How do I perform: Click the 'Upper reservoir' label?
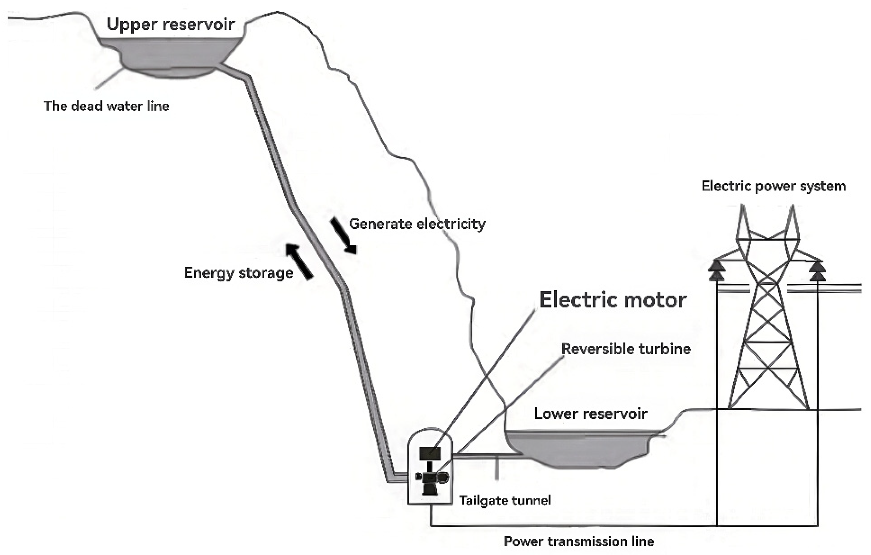pos(170,25)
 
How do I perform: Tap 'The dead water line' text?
pos(106,107)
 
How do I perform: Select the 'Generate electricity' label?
pos(417,224)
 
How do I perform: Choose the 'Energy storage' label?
pos(239,273)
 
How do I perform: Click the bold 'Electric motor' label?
pos(613,300)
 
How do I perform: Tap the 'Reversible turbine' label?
pos(626,349)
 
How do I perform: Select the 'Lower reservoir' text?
pos(590,413)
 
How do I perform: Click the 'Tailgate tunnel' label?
pos(505,500)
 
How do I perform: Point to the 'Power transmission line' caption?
pos(579,542)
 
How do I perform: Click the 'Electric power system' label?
pos(774,186)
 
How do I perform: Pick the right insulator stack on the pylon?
pos(818,271)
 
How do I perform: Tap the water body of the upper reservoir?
pos(170,54)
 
